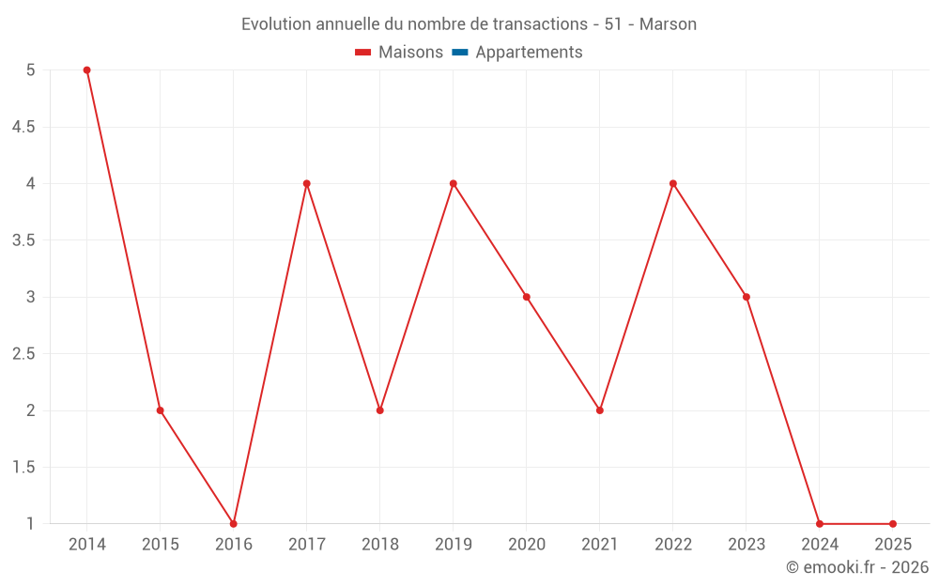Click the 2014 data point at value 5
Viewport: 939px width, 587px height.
click(x=87, y=70)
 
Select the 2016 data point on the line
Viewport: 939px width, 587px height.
click(x=234, y=524)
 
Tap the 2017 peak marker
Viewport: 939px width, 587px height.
click(x=307, y=183)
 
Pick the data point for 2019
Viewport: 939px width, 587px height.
click(x=454, y=183)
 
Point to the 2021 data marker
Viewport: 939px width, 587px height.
click(x=600, y=410)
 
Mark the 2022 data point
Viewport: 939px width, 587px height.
click(x=673, y=183)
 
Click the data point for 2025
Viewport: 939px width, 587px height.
click(x=893, y=524)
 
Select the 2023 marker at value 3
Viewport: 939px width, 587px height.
click(x=747, y=297)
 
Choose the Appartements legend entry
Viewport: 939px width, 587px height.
click(x=529, y=53)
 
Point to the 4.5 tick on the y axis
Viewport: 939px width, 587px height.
click(x=23, y=127)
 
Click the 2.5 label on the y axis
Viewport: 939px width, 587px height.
click(x=23, y=354)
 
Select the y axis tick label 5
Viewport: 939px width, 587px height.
click(x=31, y=70)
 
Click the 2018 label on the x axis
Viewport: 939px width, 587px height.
click(x=380, y=545)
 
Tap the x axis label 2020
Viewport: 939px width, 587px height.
click(x=527, y=545)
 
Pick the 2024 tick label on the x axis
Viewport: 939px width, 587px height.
click(x=820, y=545)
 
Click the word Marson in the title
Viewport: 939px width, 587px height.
click(x=668, y=24)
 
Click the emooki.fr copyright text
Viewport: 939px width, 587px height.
click(x=856, y=567)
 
